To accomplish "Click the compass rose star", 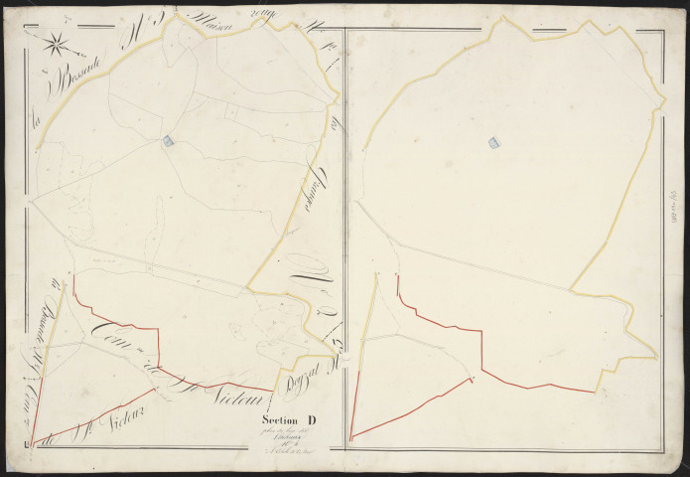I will [x=57, y=43].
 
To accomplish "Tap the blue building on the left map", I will [x=168, y=142].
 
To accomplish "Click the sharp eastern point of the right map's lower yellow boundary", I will [x=656, y=356].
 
